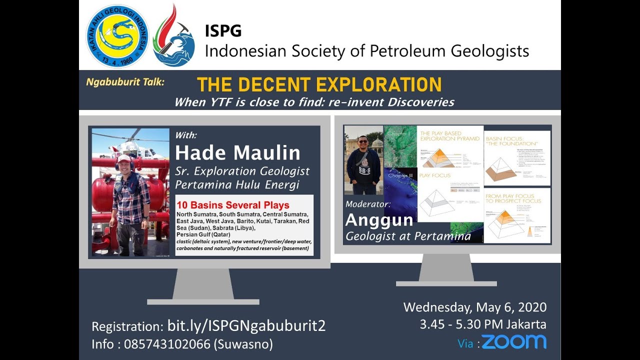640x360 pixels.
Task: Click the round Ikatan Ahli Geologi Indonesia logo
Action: coord(117,36)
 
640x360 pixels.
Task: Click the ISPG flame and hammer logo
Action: coord(173,36)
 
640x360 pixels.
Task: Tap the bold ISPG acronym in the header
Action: coord(223,31)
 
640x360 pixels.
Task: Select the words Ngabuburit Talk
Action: coord(125,81)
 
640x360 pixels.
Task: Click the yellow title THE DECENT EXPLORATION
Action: coord(319,84)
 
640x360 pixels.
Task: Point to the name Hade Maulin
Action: coord(237,152)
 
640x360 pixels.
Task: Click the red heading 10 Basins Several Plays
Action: coord(233,205)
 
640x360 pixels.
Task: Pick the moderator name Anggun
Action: coord(379,220)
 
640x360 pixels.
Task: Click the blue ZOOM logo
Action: coord(514,342)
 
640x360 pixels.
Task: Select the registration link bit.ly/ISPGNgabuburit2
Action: coord(246,326)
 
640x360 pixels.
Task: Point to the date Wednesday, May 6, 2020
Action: coord(475,307)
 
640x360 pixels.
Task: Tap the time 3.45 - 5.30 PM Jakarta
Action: coord(483,324)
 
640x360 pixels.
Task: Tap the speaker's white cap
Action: coord(123,158)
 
